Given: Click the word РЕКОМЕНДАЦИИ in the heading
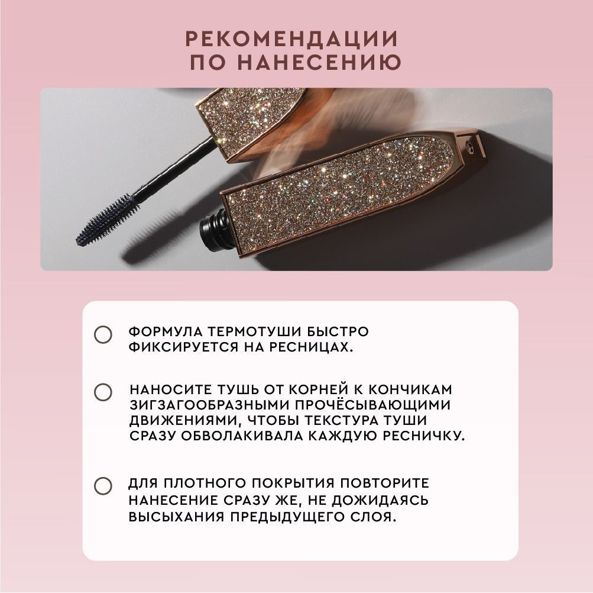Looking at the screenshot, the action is coord(291,38).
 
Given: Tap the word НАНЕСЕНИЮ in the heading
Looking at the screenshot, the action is coord(320,62).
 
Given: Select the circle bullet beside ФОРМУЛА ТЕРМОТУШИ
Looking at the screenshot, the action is coord(103,335).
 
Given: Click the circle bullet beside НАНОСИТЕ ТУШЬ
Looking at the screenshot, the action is coord(103,392).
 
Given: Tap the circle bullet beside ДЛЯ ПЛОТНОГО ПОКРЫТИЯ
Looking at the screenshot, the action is coord(103,486).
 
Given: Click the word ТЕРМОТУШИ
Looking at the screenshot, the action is coord(254,332).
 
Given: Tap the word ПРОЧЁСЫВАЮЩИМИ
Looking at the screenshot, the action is coord(373,405).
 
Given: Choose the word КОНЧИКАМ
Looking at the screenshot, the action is coord(410,389).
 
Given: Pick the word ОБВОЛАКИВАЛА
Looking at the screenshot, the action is coord(241,436).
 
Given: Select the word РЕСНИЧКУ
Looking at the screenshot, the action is coord(423,436).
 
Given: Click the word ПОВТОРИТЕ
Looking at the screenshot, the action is coord(385,483).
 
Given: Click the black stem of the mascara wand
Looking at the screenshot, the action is coord(173,170).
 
